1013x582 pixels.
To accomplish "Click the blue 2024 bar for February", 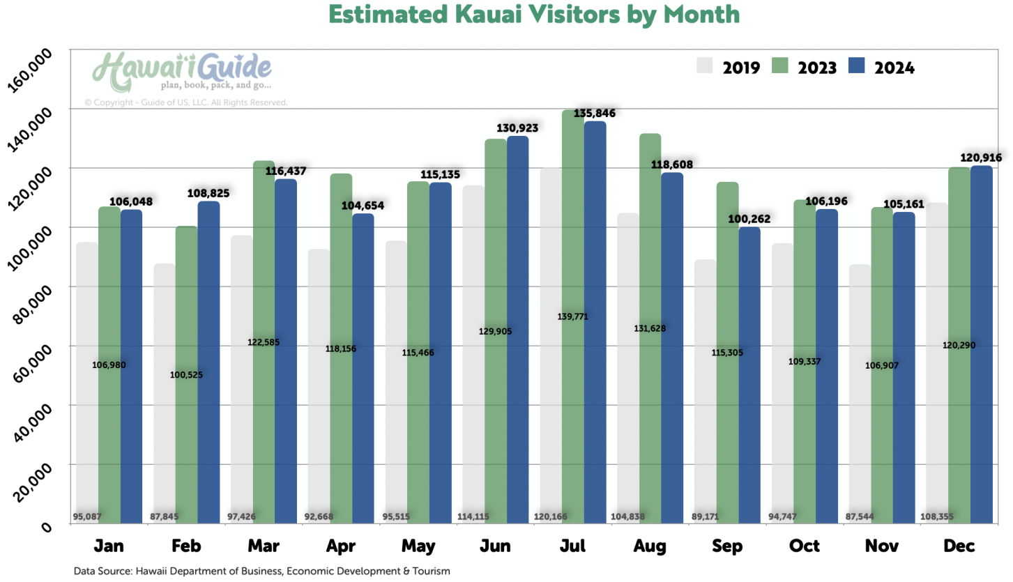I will coord(208,362).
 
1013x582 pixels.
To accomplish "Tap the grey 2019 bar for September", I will coord(705,390).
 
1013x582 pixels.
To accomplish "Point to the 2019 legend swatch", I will coord(706,66).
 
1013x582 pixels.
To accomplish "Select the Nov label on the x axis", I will coord(881,545).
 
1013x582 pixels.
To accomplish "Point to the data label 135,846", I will coord(595,113).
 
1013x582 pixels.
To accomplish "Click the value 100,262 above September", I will coord(749,219).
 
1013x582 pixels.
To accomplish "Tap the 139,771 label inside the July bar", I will coord(572,316).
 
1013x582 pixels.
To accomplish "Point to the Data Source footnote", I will coord(261,571).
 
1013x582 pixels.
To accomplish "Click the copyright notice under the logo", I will coord(186,102).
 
